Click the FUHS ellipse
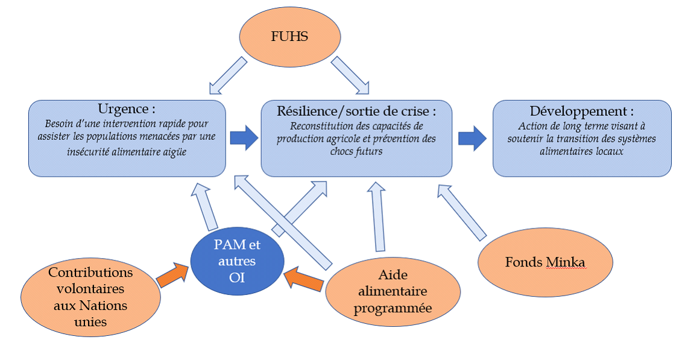click(289, 36)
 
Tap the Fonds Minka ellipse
click(545, 262)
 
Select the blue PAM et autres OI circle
click(238, 261)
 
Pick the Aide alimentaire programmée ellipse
click(393, 292)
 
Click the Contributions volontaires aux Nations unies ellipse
click(90, 297)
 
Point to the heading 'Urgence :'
click(127, 110)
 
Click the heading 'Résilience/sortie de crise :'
click(356, 112)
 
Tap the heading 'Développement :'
click(581, 112)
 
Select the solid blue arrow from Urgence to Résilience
click(244, 138)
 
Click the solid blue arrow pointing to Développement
click(472, 138)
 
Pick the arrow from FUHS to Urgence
click(228, 76)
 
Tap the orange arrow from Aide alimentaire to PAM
click(303, 279)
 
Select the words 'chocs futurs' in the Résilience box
click(356, 151)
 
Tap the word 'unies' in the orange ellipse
click(90, 322)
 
